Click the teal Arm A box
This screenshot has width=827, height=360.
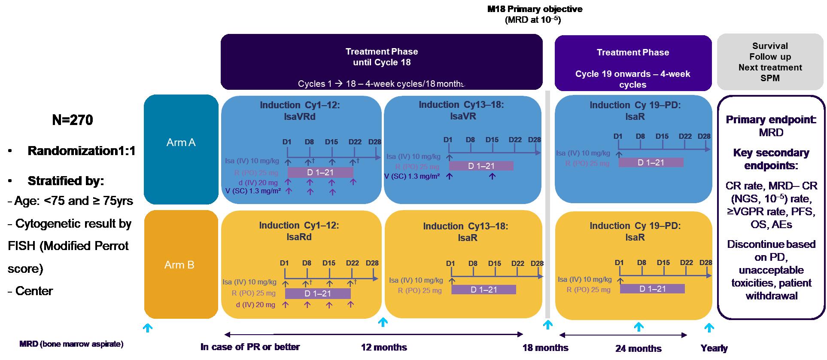[x=181, y=149]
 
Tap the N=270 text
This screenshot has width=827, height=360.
[x=72, y=120]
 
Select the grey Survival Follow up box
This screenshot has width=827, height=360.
[x=770, y=62]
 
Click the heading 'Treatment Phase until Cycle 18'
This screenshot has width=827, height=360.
[x=381, y=57]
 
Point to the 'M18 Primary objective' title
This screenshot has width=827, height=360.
[x=535, y=9]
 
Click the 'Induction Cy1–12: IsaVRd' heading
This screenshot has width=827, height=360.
[x=300, y=111]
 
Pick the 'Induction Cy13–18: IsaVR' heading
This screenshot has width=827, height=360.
[x=461, y=110]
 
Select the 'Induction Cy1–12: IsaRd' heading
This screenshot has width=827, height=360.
[x=299, y=231]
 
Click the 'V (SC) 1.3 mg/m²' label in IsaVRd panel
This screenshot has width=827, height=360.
[x=253, y=191]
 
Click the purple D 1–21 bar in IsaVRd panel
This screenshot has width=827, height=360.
[x=320, y=173]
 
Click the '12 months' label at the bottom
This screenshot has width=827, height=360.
[x=384, y=347]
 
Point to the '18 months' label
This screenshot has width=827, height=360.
[x=545, y=348]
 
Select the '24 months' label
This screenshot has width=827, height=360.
[x=638, y=348]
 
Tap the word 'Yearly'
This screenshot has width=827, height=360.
[x=714, y=348]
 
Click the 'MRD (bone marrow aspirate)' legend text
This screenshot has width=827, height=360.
[x=71, y=344]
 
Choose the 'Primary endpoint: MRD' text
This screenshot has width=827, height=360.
[x=771, y=126]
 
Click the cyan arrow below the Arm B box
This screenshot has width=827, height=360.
[x=148, y=328]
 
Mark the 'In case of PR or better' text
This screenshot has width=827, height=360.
[x=250, y=347]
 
